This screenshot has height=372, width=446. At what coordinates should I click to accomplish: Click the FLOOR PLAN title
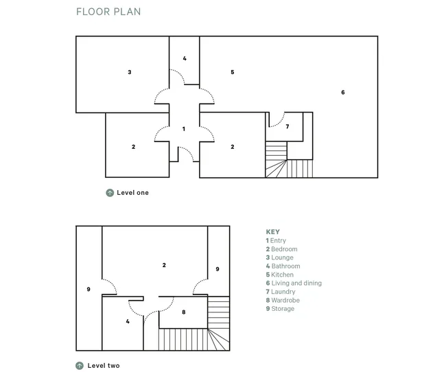(x=108, y=12)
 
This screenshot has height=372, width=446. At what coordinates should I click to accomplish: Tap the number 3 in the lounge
(x=130, y=72)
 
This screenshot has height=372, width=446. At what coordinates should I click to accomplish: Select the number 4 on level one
(x=185, y=58)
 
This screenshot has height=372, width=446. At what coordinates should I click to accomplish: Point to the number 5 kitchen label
(x=233, y=72)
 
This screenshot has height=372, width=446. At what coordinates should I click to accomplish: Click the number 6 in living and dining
(x=343, y=92)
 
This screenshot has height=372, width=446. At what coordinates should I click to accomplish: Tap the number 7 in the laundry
(x=287, y=126)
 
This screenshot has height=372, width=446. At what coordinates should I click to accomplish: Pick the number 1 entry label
(x=184, y=129)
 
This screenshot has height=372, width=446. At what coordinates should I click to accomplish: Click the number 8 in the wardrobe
(x=184, y=312)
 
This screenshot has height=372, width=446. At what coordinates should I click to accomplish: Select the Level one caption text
(x=133, y=193)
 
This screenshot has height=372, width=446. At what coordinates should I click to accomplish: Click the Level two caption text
(x=104, y=365)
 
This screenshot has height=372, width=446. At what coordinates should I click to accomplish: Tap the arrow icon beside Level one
(x=110, y=193)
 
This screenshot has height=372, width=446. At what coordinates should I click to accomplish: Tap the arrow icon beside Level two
(x=80, y=365)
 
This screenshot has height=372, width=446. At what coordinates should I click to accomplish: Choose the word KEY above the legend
(x=273, y=232)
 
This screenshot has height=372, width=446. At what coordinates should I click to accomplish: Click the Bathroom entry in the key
(x=283, y=266)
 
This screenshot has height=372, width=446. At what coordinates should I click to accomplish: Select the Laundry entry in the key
(x=281, y=292)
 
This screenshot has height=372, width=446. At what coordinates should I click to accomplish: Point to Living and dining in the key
(x=294, y=283)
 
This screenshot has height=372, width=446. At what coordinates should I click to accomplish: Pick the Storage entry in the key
(x=280, y=309)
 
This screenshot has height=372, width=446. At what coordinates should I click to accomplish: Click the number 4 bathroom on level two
(x=128, y=321)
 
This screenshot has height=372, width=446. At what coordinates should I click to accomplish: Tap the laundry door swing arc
(x=279, y=122)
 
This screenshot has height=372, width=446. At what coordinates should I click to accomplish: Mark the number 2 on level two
(x=164, y=265)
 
